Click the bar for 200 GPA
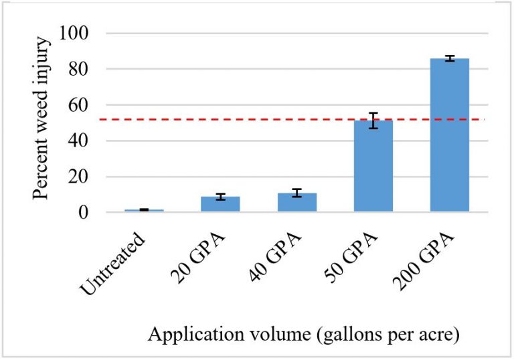click(449, 135)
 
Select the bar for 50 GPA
click(373, 167)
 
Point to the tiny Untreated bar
click(144, 210)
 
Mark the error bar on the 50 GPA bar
click(373, 120)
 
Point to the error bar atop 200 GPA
click(449, 59)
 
